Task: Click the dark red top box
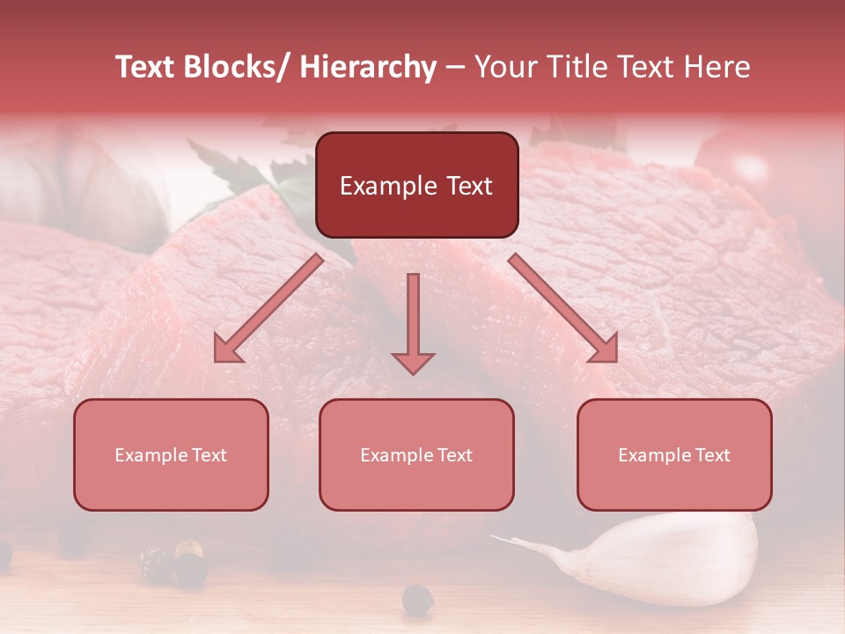[x=416, y=185]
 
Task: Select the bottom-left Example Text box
[x=171, y=455]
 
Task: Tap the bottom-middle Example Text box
[x=416, y=455]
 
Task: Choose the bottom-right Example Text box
[x=674, y=455]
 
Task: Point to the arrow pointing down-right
[x=565, y=311]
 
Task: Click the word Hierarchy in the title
[x=368, y=67]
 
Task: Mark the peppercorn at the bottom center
[x=417, y=599]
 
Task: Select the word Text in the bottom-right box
[x=712, y=455]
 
